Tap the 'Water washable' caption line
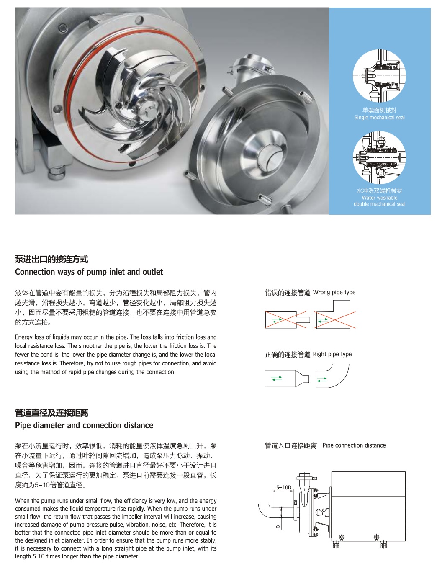[379, 198]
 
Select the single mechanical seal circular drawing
[379, 76]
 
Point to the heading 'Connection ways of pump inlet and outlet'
[89, 272]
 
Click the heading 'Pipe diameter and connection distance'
[84, 425]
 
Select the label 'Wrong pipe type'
[334, 292]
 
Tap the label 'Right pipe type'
[332, 354]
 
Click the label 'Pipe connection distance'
[354, 445]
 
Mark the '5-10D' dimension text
[283, 487]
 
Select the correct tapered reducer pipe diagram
[287, 378]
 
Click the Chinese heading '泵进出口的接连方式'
[51, 259]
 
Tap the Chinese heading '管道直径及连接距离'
[51, 413]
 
